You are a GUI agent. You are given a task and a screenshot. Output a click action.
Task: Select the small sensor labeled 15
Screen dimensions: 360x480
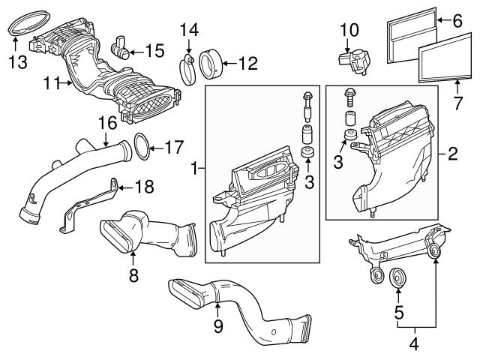tap(120, 48)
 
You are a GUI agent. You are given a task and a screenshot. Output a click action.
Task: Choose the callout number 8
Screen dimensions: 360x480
tap(133, 276)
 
